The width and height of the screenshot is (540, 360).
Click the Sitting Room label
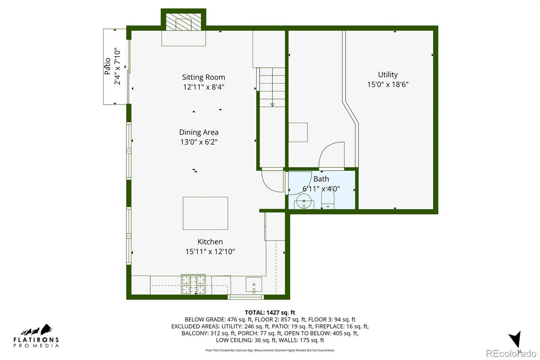(x=204, y=77)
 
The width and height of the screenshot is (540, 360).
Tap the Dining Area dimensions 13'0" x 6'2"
(x=199, y=142)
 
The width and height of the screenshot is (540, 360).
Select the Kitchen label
(x=210, y=241)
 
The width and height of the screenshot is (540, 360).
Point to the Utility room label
(x=388, y=75)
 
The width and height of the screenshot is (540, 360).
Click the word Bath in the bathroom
(x=321, y=179)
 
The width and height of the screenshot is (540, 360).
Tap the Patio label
(x=108, y=66)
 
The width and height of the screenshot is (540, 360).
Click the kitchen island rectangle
(x=206, y=213)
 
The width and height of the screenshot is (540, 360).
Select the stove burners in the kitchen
(x=193, y=285)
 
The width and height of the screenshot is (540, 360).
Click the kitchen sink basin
(x=254, y=285)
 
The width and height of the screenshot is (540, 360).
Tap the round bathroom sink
(x=304, y=201)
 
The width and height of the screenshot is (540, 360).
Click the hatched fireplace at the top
(x=184, y=22)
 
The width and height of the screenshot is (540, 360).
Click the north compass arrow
(x=516, y=339)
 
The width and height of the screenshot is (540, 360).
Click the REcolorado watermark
(x=511, y=354)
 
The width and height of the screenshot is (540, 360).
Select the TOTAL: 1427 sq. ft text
(x=270, y=312)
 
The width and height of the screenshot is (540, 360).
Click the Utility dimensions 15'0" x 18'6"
(x=388, y=84)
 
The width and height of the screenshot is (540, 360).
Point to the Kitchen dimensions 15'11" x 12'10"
(x=210, y=252)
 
